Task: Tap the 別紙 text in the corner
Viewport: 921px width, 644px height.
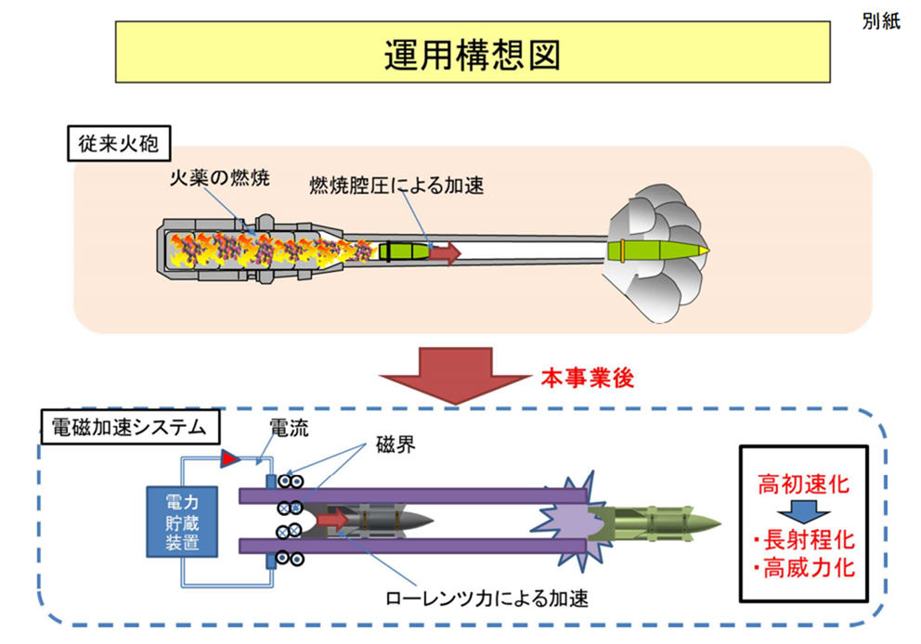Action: pos(881,24)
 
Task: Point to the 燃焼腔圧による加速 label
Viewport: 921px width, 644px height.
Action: pos(396,186)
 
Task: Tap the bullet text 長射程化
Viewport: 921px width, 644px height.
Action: pos(804,541)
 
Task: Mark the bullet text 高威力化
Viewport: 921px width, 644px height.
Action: pos(804,568)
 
